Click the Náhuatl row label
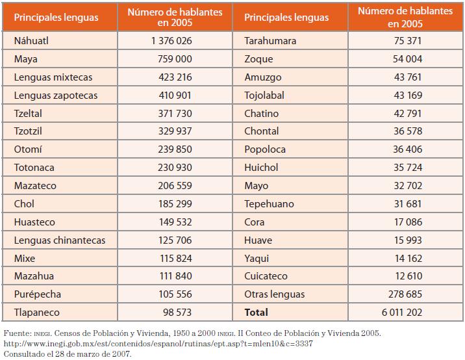31,41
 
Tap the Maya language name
26,59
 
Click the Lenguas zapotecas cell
56,96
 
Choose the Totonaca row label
34,168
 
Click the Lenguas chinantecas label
60,240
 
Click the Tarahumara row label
270,41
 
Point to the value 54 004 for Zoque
407,59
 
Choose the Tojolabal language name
265,96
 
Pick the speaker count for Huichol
407,168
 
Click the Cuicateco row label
266,276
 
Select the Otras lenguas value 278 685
404,294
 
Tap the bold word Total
256,313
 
